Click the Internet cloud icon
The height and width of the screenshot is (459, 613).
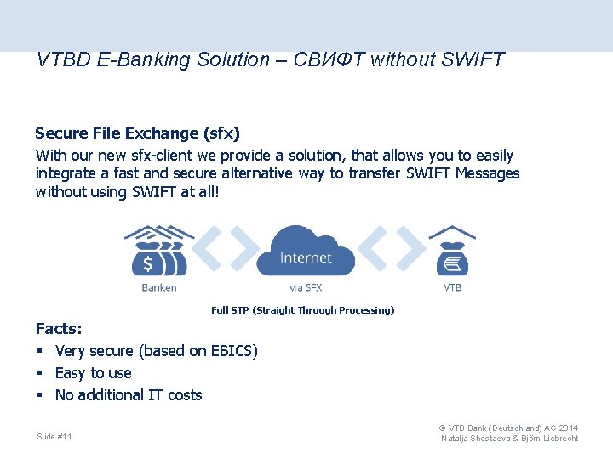click(x=306, y=251)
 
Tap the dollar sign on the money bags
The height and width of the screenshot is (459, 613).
click(x=147, y=262)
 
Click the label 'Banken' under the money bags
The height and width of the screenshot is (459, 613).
click(x=159, y=288)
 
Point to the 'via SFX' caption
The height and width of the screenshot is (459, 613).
click(x=306, y=288)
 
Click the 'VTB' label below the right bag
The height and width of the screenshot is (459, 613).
click(x=452, y=288)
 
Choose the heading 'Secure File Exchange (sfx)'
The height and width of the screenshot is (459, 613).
click(x=137, y=133)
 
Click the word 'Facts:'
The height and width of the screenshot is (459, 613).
click(x=59, y=329)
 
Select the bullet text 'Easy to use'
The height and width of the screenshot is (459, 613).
click(x=93, y=373)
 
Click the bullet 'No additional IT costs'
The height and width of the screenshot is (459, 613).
click(x=129, y=395)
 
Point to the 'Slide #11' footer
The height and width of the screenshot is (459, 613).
click(x=54, y=437)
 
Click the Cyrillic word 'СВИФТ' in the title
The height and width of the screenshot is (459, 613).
click(x=329, y=60)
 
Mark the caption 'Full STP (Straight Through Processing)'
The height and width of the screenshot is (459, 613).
click(x=302, y=310)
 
